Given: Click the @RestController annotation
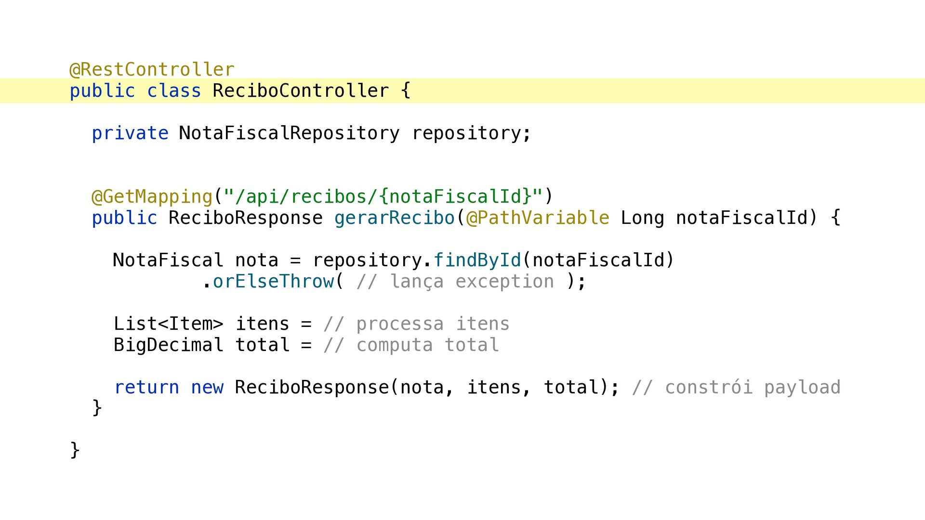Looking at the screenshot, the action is tap(152, 70).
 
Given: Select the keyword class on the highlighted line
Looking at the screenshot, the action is tap(174, 91).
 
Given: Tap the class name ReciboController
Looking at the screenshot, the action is tap(301, 91).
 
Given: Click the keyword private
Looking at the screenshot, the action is tap(130, 133).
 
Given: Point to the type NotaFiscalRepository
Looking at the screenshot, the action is tap(289, 133).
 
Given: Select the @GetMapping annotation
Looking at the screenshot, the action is tap(152, 196).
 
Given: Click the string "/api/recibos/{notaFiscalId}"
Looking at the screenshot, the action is tap(383, 196).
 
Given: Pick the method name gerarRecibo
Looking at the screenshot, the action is tap(395, 218).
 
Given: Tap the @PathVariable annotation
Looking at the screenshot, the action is tap(538, 218).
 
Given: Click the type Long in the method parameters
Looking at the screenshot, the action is tap(642, 218).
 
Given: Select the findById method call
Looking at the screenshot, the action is tap(477, 260).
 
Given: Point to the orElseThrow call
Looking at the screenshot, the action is tap(273, 281).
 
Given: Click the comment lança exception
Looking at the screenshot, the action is tap(455, 282).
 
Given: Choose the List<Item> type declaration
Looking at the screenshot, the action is tap(169, 324).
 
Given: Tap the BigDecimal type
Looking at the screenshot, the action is tap(169, 345).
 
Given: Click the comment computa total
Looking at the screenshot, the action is tap(411, 345).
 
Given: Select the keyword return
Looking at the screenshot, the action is tap(146, 388).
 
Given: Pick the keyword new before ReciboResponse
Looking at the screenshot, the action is tap(207, 388).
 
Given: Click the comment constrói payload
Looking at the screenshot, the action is tap(736, 388).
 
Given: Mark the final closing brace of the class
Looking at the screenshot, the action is tap(75, 450).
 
